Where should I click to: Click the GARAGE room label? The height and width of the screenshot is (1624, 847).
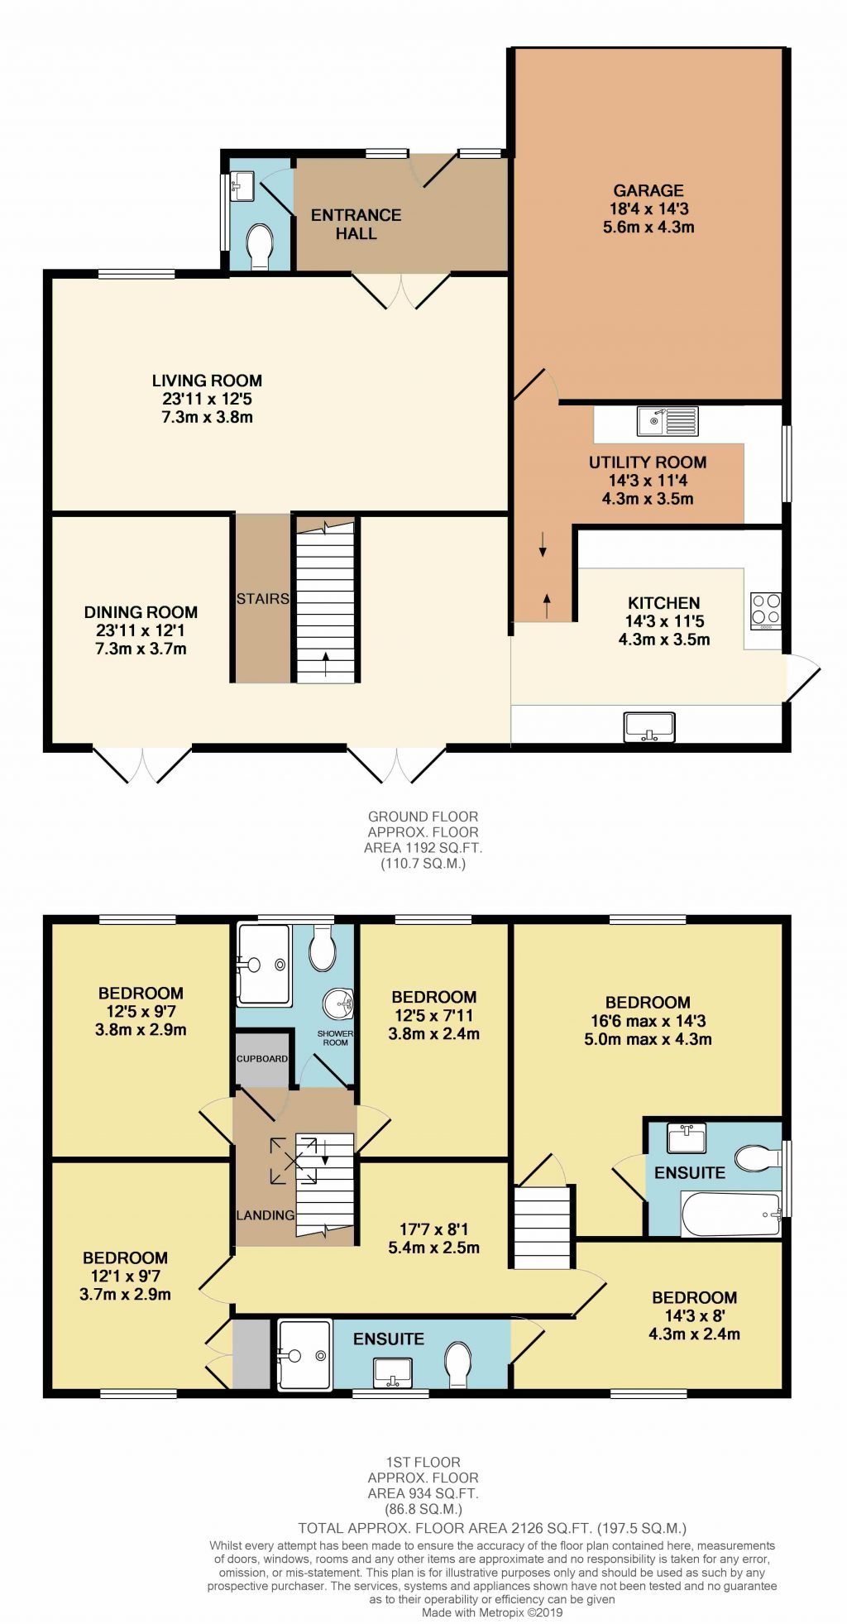pyautogui.click(x=648, y=191)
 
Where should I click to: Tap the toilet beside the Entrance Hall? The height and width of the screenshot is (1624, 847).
pyautogui.click(x=260, y=245)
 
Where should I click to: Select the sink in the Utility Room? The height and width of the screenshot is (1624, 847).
pyautogui.click(x=667, y=421)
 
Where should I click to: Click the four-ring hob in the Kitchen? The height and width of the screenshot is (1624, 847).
pyautogui.click(x=766, y=610)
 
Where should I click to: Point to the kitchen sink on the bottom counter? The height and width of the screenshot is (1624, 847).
pyautogui.click(x=649, y=727)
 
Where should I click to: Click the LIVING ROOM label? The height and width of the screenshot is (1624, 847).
pyautogui.click(x=207, y=381)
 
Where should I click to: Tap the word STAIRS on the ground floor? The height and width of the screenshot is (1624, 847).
pyautogui.click(x=262, y=599)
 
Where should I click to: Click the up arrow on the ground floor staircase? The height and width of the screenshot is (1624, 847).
pyautogui.click(x=326, y=663)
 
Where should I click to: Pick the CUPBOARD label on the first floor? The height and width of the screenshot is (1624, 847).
pyautogui.click(x=262, y=1059)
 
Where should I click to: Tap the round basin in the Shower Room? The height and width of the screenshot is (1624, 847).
pyautogui.click(x=338, y=1004)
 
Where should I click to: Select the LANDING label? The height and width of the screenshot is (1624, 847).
pyautogui.click(x=265, y=1215)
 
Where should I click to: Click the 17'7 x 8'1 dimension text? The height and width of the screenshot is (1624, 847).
pyautogui.click(x=433, y=1230)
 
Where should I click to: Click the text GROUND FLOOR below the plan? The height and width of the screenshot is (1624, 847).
pyautogui.click(x=423, y=817)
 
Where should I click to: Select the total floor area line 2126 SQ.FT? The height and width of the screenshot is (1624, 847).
pyautogui.click(x=492, y=1529)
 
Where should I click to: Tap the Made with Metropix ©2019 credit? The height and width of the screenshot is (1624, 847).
pyautogui.click(x=492, y=1612)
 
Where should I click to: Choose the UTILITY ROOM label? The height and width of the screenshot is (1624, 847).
pyautogui.click(x=648, y=462)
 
